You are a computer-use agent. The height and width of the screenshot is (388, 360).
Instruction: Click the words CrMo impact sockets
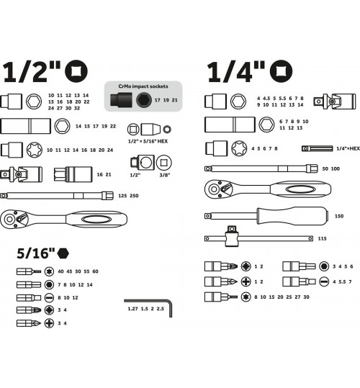(143, 86)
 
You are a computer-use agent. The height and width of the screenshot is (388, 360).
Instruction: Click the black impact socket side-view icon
(121, 100)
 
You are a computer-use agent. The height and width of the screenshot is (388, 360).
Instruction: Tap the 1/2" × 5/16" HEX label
(148, 141)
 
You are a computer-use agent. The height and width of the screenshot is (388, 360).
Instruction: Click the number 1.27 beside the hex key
(132, 309)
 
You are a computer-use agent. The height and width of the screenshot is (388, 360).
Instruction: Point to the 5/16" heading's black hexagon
(63, 253)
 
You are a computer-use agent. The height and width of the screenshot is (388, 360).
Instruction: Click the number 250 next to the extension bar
(134, 196)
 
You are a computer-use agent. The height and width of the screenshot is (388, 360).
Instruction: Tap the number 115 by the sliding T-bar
(322, 238)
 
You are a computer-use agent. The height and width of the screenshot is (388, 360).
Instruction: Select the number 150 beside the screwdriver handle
(339, 216)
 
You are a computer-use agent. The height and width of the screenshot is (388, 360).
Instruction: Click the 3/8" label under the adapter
(165, 175)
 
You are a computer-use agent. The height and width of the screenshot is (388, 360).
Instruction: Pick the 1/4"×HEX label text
(348, 148)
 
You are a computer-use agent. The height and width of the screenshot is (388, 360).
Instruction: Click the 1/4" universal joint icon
(335, 101)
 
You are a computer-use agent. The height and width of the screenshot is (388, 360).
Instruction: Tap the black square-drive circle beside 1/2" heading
(76, 71)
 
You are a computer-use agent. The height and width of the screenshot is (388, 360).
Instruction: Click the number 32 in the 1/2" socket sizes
(77, 108)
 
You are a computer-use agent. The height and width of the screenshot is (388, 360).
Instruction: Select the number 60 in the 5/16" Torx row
(95, 271)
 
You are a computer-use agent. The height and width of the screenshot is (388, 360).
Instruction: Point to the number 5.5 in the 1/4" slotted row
(342, 282)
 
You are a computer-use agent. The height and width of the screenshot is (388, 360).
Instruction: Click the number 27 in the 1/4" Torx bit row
(297, 297)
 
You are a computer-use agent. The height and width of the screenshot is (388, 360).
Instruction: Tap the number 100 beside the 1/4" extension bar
(336, 168)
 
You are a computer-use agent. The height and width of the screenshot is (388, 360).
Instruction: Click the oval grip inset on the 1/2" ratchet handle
(96, 220)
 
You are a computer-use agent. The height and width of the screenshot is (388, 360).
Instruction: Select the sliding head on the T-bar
(231, 236)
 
